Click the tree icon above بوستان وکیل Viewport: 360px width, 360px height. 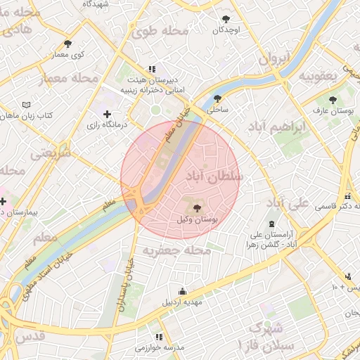[196, 208]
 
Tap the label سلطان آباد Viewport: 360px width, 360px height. [214, 177]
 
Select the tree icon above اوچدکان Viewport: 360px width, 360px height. [226, 19]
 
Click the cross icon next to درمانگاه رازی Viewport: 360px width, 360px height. [107, 114]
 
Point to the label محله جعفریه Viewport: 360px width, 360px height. [177, 250]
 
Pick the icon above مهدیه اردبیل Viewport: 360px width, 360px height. [183, 291]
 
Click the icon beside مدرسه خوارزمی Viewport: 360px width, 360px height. [159, 337]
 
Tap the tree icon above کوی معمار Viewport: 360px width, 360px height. [67, 43]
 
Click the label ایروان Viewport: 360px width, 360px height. [274, 59]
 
